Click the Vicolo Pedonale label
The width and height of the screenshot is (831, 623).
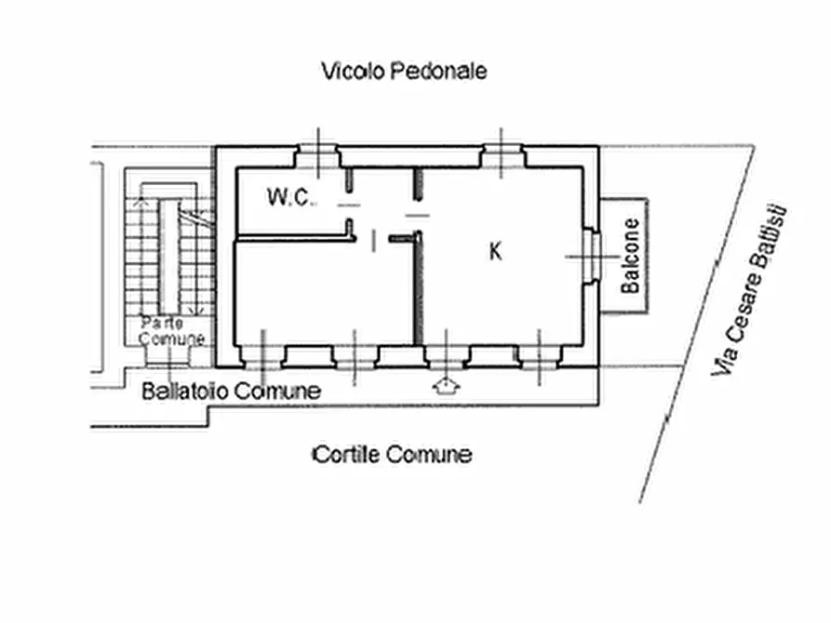tap(404, 71)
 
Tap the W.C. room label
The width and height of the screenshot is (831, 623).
tap(291, 197)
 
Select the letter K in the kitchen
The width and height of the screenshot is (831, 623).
tap(495, 251)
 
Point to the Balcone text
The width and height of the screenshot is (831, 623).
tap(631, 256)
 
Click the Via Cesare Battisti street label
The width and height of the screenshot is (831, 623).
tap(748, 291)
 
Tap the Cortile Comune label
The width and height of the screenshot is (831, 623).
tap(392, 455)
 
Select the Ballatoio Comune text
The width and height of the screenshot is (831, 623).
tap(232, 391)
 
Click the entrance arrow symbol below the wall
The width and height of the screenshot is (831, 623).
tap(446, 387)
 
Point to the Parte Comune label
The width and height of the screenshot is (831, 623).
tap(172, 331)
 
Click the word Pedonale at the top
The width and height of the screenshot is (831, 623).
tap(438, 71)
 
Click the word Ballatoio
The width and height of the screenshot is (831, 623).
tap(185, 391)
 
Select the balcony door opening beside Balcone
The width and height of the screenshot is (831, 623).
tap(591, 257)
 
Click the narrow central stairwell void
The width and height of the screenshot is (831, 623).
tap(169, 257)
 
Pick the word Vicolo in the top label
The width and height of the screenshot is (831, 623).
tap(353, 71)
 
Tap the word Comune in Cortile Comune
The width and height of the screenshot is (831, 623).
tap(429, 455)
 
